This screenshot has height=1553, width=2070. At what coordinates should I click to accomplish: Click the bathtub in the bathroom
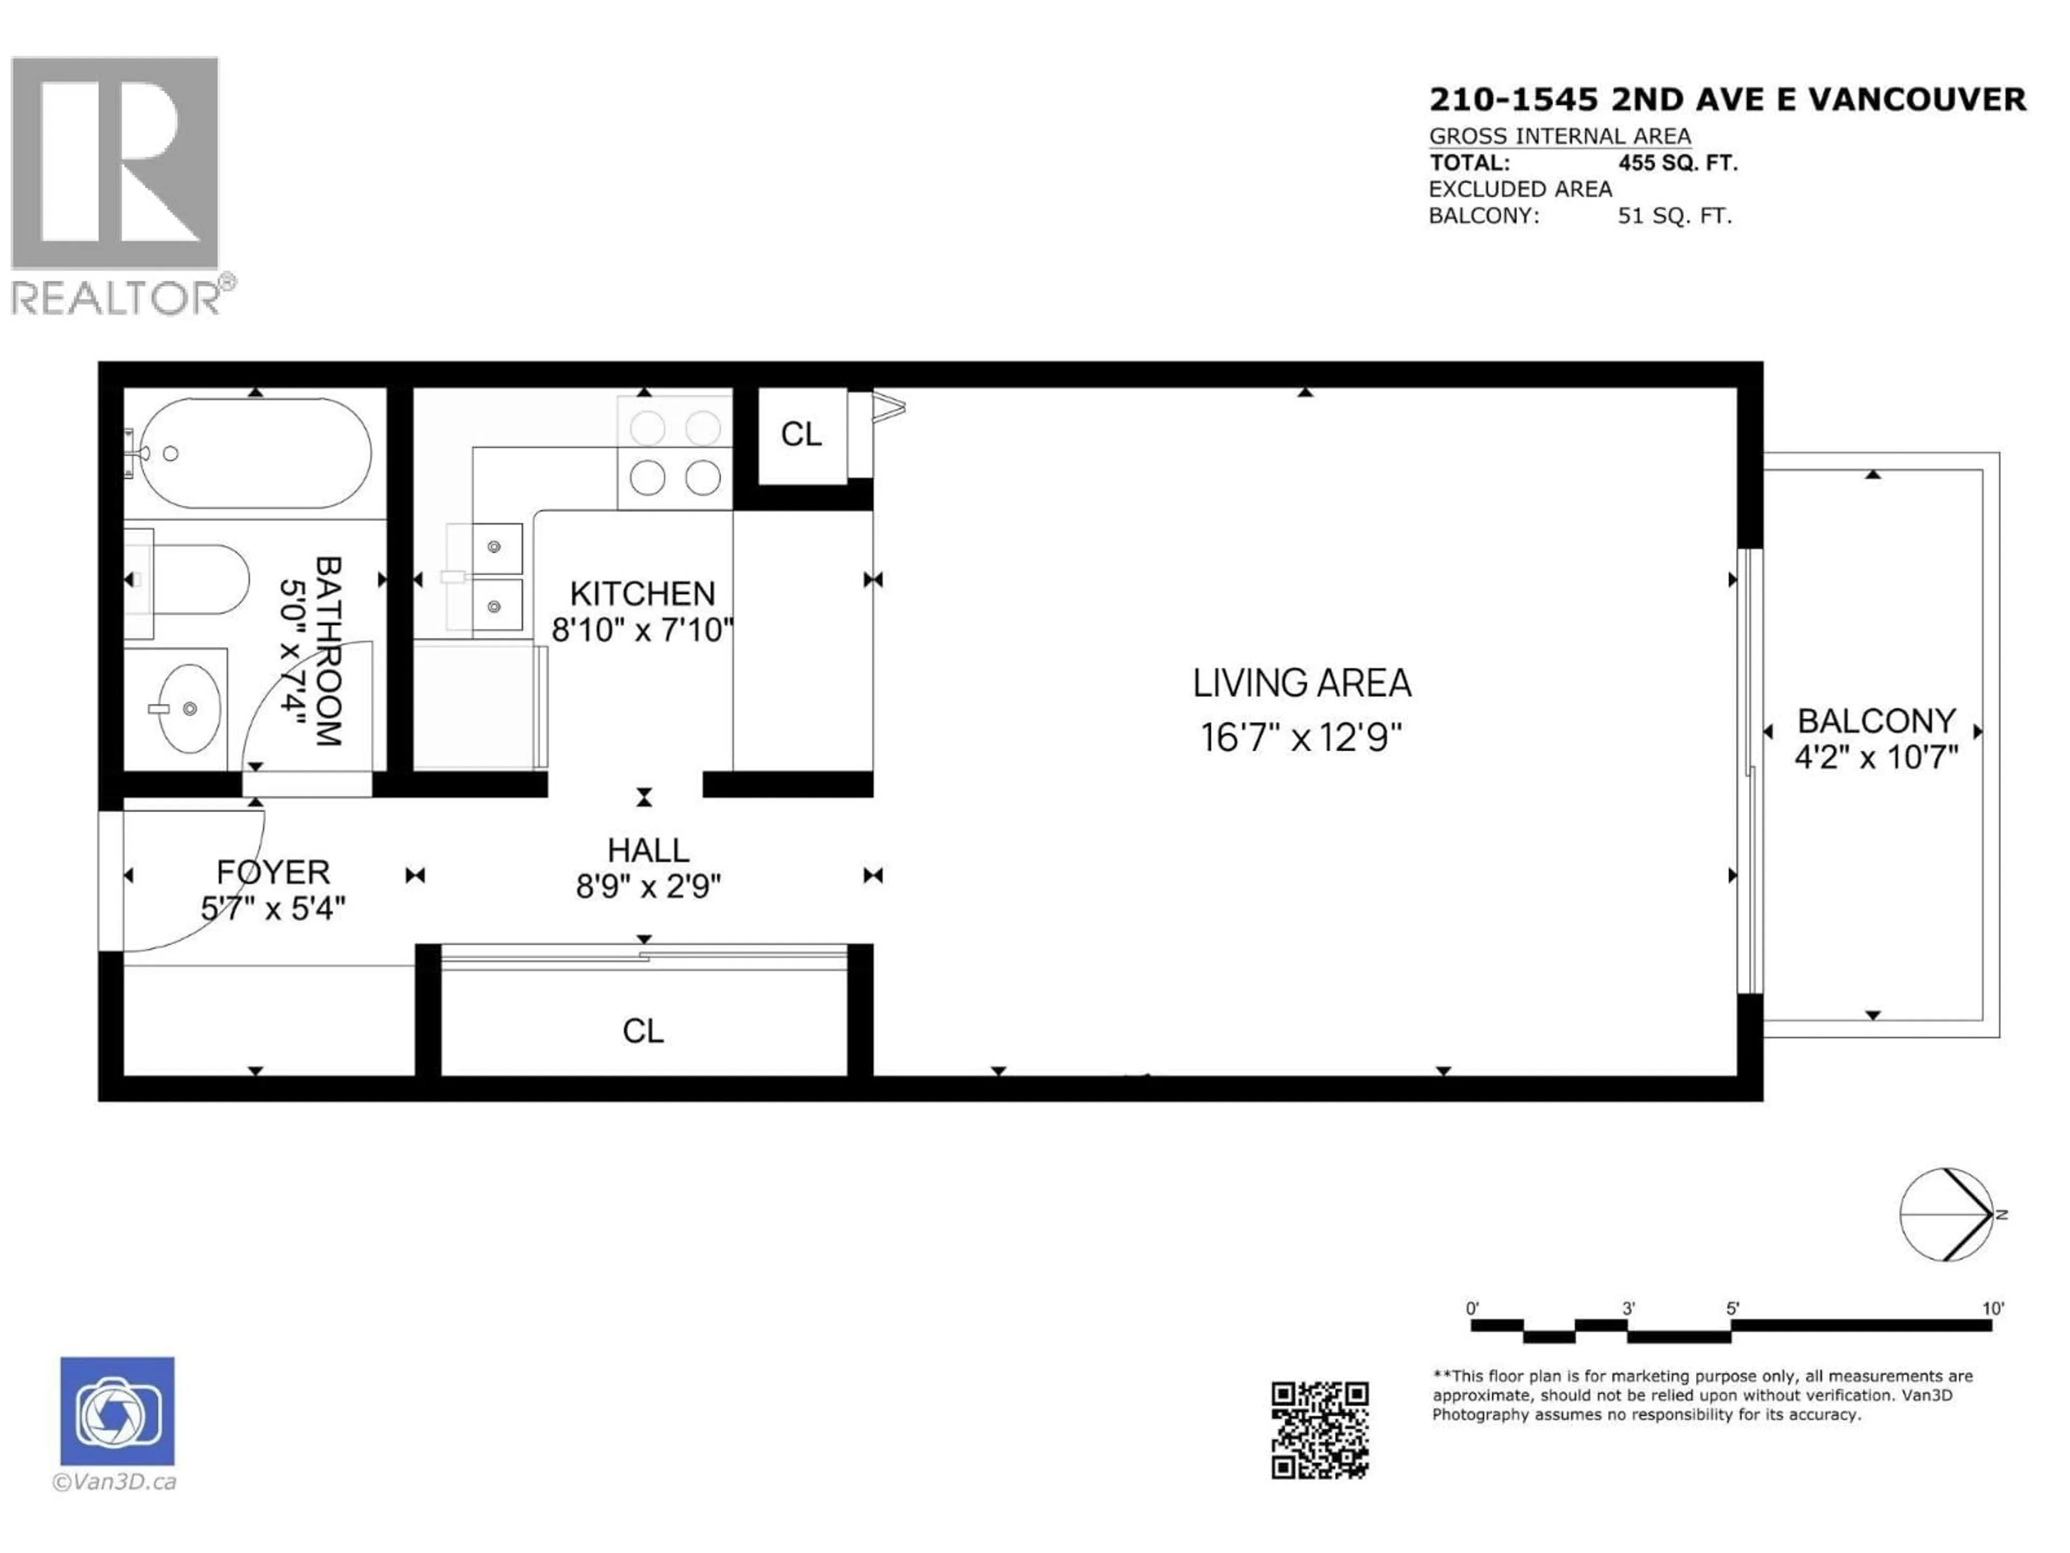pos(254,453)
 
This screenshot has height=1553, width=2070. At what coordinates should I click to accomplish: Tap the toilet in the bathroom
pos(197,580)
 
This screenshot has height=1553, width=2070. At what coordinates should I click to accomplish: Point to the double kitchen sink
pos(493,576)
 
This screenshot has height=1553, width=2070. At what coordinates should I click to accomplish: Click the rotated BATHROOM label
pos(328,651)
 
